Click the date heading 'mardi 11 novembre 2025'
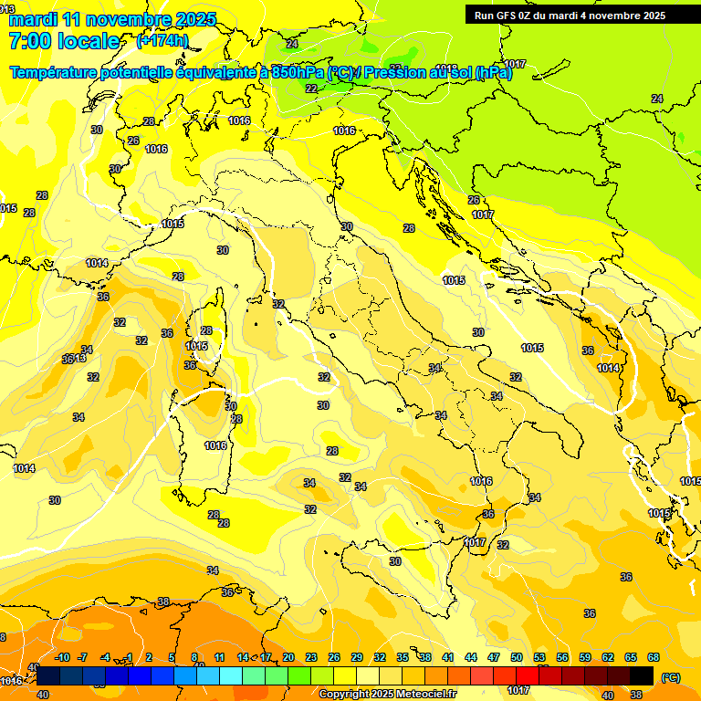[x=111, y=19]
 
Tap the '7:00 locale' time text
[x=64, y=41]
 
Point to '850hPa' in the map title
[x=298, y=73]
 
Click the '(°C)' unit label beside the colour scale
[x=670, y=677]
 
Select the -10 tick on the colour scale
[x=62, y=657]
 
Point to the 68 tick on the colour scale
[x=654, y=657]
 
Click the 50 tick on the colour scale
[x=517, y=657]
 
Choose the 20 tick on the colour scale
[x=288, y=657]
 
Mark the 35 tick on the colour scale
[x=403, y=657]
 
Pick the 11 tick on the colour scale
[x=220, y=657]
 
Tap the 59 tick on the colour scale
[x=585, y=657]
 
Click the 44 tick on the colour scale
[x=471, y=657]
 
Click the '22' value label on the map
[x=311, y=89]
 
